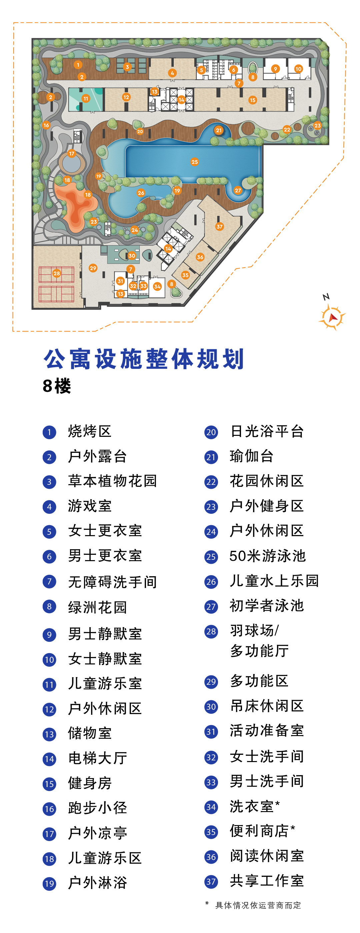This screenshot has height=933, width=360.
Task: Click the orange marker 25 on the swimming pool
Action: click(x=194, y=162)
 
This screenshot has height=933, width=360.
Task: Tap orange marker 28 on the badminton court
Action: click(x=56, y=274)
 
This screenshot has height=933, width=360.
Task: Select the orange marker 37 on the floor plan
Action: click(x=219, y=227)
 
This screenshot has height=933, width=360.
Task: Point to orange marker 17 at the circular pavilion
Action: click(x=72, y=154)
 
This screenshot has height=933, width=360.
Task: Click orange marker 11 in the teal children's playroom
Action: click(x=85, y=99)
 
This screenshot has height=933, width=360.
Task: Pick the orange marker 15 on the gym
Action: click(x=252, y=100)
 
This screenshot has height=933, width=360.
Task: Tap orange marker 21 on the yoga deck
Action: click(x=218, y=130)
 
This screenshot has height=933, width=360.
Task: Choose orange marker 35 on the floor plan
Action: click(x=185, y=275)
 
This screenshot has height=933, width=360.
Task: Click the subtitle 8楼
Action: click(x=57, y=386)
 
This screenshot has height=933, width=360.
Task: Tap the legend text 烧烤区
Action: click(x=90, y=432)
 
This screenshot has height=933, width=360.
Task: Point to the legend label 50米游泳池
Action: click(x=268, y=556)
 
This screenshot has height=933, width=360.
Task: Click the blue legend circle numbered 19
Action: click(x=49, y=884)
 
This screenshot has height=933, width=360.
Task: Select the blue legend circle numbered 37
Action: click(x=211, y=882)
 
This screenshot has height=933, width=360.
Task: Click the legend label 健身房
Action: click(x=90, y=783)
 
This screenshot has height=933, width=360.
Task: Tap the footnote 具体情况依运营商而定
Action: click(x=258, y=905)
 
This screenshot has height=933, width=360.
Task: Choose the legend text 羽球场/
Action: click(x=255, y=630)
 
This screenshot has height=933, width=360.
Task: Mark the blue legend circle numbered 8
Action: click(x=49, y=606)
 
